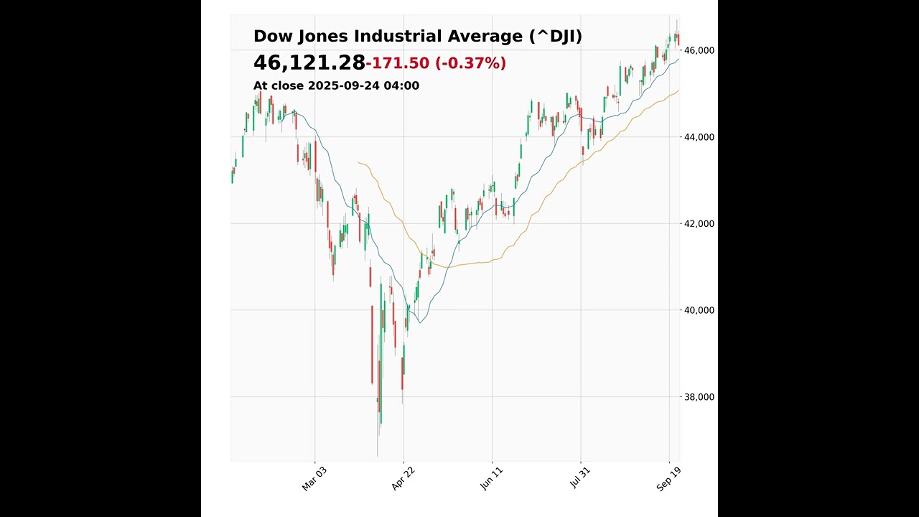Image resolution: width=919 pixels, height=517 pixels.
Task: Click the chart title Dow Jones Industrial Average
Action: [x=390, y=37]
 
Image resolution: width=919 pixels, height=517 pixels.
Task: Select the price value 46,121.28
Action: [x=309, y=63]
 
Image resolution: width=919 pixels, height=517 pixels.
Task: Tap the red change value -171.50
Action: [x=398, y=63]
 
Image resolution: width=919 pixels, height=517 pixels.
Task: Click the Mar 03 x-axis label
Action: [x=314, y=478]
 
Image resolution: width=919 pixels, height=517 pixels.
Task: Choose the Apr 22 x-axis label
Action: [x=403, y=478]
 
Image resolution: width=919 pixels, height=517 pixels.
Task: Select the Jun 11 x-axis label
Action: [x=492, y=478]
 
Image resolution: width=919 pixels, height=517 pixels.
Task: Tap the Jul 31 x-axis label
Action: [x=580, y=478]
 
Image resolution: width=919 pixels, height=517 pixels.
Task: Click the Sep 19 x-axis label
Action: [x=669, y=478]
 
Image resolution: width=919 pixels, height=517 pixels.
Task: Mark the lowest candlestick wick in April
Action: [x=378, y=455]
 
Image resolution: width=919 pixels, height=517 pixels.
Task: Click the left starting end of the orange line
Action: [x=358, y=162]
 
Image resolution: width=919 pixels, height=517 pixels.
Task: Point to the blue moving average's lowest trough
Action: [x=420, y=322]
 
